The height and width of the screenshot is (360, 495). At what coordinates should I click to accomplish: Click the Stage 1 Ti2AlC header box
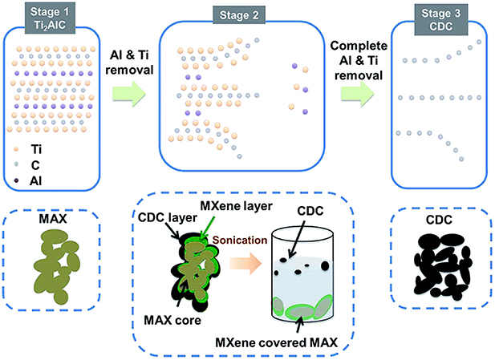tap(50, 18)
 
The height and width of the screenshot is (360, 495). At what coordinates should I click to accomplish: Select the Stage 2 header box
tap(239, 15)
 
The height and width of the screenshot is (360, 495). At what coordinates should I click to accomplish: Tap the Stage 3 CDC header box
tap(440, 19)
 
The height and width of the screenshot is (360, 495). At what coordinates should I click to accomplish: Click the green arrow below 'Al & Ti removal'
tap(129, 94)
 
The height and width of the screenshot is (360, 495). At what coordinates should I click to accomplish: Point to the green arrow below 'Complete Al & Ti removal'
tap(357, 94)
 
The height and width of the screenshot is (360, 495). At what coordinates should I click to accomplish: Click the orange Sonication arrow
tap(245, 262)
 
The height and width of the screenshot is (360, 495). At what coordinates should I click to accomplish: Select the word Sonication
tap(240, 240)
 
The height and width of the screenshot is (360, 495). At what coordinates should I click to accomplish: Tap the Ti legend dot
tap(16, 148)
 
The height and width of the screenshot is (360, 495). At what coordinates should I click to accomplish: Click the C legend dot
tap(16, 164)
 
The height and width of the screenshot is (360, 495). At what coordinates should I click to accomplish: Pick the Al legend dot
tap(16, 180)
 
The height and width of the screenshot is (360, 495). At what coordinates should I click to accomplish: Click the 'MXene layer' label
tap(236, 206)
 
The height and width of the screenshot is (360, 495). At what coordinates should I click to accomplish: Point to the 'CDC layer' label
tap(168, 217)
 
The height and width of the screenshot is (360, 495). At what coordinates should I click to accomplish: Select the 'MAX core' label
tap(172, 320)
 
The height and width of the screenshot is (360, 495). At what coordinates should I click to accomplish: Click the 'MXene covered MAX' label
tap(276, 342)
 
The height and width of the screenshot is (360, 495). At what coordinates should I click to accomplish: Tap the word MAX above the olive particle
tap(53, 219)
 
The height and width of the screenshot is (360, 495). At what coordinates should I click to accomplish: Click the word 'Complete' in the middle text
tap(359, 46)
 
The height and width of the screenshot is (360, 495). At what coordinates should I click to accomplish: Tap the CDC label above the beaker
tap(310, 211)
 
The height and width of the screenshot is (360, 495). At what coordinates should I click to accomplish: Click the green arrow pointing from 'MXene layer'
tap(208, 226)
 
